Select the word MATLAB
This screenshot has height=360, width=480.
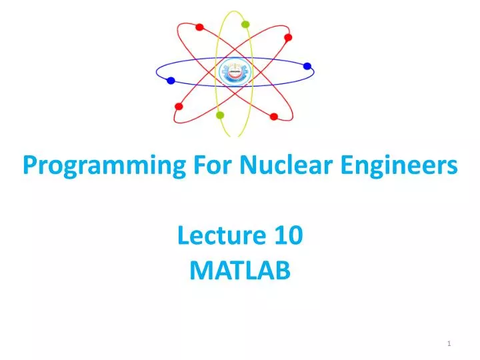click(241, 270)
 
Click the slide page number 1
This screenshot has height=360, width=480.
click(450, 343)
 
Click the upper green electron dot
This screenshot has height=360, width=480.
click(245, 25)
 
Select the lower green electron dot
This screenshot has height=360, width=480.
click(220, 115)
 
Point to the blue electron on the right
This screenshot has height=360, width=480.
click(307, 66)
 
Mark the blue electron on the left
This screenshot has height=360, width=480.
click(171, 81)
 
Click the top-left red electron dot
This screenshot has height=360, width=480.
click(199, 27)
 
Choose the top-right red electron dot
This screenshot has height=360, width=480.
click(288, 37)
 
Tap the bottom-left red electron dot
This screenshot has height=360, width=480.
click(179, 106)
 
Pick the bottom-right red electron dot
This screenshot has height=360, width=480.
click(273, 117)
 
